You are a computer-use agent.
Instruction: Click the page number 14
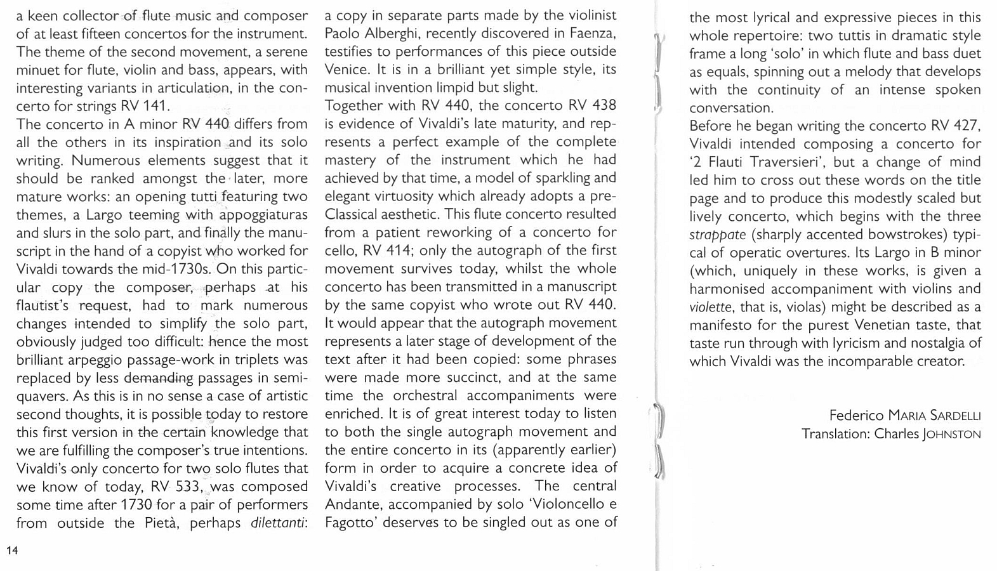pyautogui.click(x=12, y=550)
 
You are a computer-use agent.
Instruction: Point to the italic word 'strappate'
pyautogui.click(x=717, y=235)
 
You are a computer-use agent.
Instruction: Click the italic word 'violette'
pyautogui.click(x=710, y=308)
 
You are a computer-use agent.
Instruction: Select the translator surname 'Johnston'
pyautogui.click(x=953, y=435)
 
